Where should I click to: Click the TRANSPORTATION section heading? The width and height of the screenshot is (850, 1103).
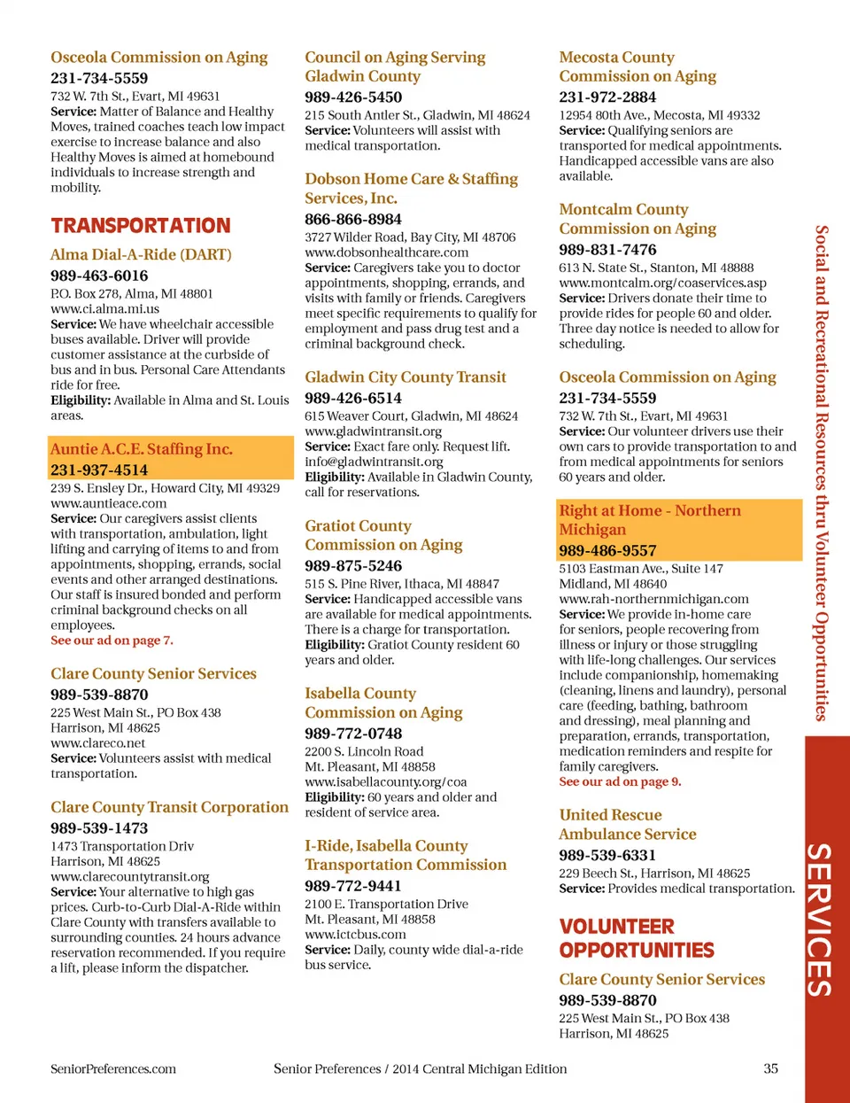(141, 226)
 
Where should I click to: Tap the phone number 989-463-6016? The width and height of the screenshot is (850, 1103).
(99, 276)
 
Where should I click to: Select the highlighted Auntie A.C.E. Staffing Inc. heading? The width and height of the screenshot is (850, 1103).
(142, 449)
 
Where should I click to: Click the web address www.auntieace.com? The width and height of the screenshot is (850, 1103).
(108, 503)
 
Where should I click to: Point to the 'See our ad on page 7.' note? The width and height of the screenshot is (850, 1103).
(112, 641)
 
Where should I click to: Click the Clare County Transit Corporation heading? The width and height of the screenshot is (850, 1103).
(169, 807)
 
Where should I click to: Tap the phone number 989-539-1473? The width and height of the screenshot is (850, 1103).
(99, 828)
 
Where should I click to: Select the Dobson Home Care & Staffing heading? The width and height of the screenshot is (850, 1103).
(411, 189)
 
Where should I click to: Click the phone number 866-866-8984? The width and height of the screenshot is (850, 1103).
(353, 220)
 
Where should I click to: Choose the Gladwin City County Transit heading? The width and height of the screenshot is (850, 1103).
(406, 377)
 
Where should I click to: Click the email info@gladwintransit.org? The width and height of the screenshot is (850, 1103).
(374, 462)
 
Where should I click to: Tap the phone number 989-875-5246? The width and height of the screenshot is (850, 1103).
(353, 566)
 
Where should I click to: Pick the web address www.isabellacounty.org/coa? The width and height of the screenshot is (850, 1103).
(385, 782)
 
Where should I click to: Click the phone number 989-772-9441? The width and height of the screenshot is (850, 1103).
(353, 886)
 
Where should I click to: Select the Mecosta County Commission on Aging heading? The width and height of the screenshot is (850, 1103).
(637, 67)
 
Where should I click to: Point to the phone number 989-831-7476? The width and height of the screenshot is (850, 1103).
(607, 250)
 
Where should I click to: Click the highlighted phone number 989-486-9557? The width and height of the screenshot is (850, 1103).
(607, 551)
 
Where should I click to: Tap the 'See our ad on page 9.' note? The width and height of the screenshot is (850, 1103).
(620, 782)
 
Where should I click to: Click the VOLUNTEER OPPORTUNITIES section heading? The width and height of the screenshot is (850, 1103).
(637, 938)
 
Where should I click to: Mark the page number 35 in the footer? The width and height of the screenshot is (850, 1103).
(771, 1068)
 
